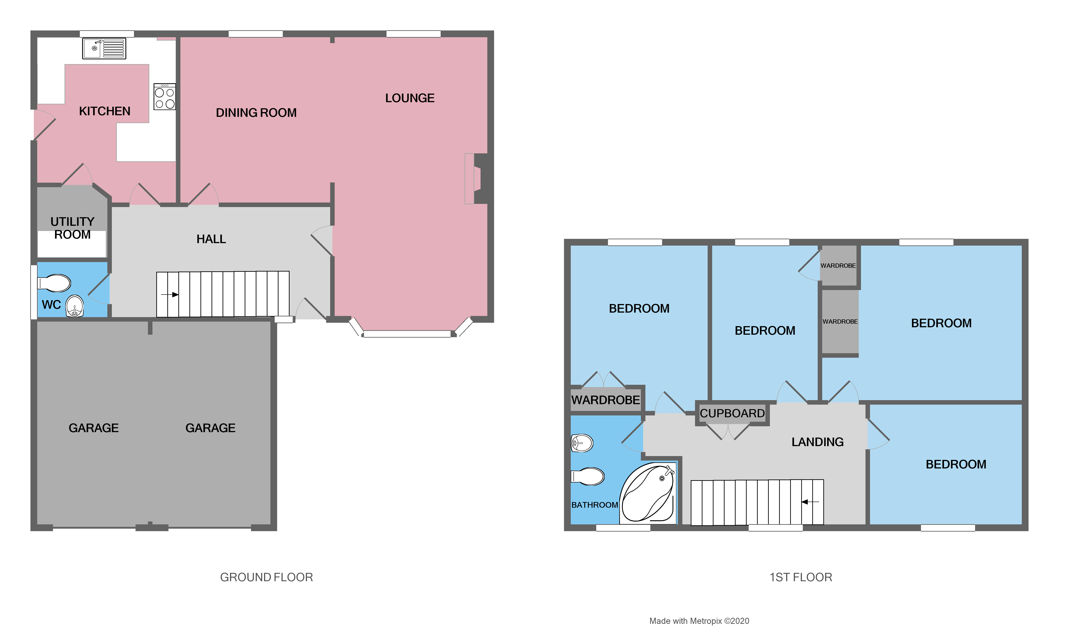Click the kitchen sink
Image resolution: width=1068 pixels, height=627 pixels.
[104, 48]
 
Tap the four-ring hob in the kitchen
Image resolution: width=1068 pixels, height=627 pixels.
[164, 97]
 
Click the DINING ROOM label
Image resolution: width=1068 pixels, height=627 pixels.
[256, 113]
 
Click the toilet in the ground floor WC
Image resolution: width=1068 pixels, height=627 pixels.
[54, 283]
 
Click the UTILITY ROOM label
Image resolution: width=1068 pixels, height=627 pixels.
[72, 228]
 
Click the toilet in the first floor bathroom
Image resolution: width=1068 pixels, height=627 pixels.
[587, 477]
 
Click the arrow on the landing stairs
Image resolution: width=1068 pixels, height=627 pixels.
[810, 502]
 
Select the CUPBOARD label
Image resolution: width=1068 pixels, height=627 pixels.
[732, 413]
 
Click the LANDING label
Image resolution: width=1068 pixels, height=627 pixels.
[817, 442]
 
